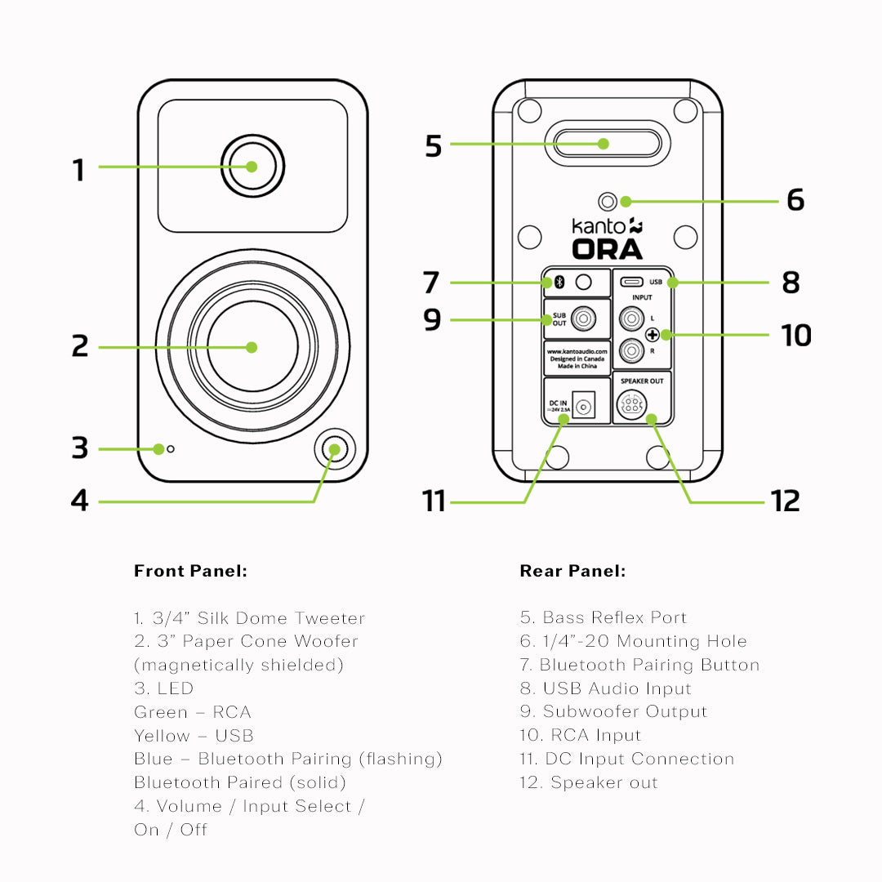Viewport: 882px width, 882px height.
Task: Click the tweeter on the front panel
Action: point(252,167)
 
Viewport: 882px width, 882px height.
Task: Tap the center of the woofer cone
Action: point(252,346)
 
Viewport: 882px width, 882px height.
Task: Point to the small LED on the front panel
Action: point(171,449)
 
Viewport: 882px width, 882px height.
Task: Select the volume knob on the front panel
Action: point(334,449)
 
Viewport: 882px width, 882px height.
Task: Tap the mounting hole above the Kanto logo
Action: point(608,201)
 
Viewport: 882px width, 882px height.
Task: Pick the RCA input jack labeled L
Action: point(630,316)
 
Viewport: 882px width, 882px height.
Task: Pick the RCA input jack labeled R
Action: point(630,351)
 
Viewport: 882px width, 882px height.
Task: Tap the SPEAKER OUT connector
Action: point(630,404)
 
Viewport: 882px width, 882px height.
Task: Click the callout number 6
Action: point(795,200)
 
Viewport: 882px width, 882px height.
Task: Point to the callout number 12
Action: point(785,501)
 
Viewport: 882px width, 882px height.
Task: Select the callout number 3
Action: point(79,448)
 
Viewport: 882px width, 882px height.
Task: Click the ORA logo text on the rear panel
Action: point(607,248)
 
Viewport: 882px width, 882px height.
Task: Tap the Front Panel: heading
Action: point(190,571)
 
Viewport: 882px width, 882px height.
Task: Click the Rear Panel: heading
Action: point(572,571)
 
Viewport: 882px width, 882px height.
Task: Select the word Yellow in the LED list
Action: point(162,736)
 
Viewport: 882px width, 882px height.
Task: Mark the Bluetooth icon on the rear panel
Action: point(559,283)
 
